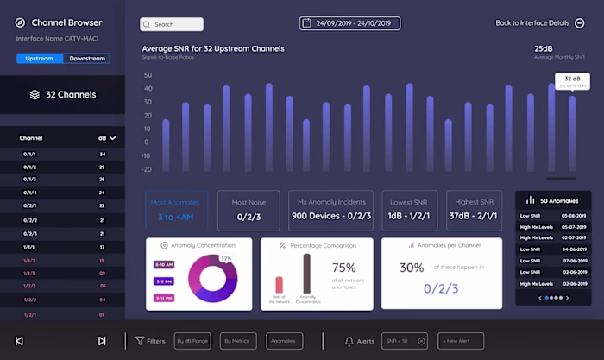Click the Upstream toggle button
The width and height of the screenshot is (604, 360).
pos(40,59)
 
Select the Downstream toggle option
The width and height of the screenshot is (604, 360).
pos(87,59)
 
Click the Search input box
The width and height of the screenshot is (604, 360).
pos(172,24)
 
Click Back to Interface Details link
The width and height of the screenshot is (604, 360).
pos(539,23)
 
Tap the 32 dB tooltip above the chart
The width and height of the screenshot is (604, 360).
pos(572,81)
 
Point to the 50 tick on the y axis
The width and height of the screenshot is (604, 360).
pos(148,75)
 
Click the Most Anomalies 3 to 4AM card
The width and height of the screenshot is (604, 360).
pos(177,210)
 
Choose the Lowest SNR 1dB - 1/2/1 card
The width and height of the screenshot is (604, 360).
pos(409,210)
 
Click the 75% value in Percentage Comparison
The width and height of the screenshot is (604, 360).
pos(344,268)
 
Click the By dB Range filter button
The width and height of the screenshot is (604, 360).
pos(192,341)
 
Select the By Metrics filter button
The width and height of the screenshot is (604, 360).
pos(238,341)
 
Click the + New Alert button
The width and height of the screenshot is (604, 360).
pos(460,341)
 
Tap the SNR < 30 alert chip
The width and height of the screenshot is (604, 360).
pos(405,341)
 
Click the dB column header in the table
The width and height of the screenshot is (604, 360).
pos(107,137)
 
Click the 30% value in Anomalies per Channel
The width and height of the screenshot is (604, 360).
pos(412,268)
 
